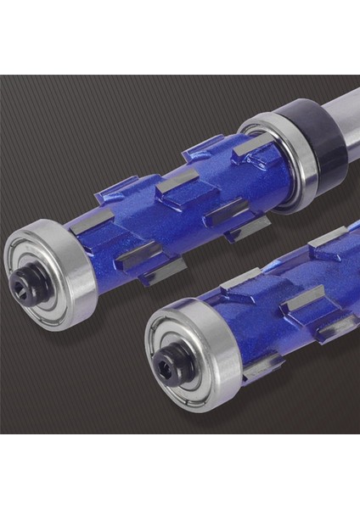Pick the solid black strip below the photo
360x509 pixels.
point(180,472)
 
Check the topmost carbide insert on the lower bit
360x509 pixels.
point(326,238)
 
